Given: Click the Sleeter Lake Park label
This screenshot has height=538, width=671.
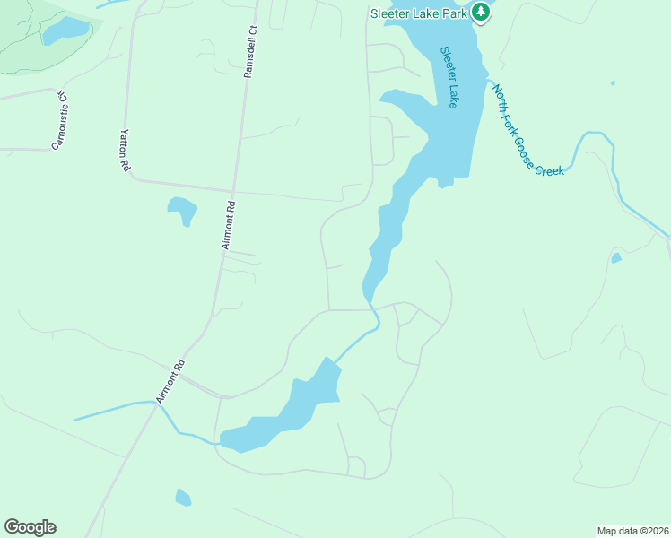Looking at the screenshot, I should click(x=418, y=13).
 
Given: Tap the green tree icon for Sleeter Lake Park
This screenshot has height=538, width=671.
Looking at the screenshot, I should click(x=482, y=13).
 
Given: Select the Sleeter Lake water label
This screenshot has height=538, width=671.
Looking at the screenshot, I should click(x=449, y=77).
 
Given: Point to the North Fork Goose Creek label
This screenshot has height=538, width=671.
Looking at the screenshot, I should click(x=527, y=130).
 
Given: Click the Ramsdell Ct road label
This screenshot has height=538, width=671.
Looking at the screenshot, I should click(x=250, y=50).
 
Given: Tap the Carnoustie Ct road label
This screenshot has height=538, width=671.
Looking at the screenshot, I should click(x=60, y=118).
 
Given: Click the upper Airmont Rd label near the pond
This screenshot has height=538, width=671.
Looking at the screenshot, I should click(x=228, y=223).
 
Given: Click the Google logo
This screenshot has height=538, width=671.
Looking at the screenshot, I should click(x=30, y=527).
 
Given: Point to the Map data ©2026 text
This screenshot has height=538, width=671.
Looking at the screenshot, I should click(x=632, y=530).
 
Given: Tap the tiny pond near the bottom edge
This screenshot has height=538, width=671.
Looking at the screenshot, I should click(x=183, y=497).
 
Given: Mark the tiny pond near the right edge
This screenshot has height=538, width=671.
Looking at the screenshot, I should click(x=615, y=258).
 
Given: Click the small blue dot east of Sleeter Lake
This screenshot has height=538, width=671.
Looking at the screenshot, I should click(x=613, y=83).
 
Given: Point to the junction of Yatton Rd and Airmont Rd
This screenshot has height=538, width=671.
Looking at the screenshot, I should click(x=231, y=190).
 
